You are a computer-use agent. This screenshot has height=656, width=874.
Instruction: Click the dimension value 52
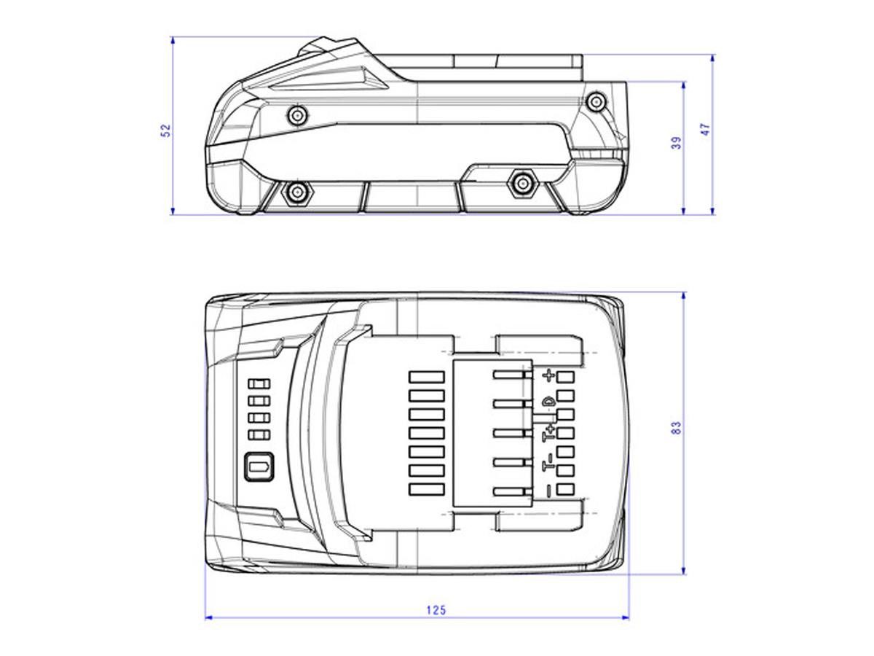tap(165, 130)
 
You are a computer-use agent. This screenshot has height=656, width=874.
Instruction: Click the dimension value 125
tap(436, 610)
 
